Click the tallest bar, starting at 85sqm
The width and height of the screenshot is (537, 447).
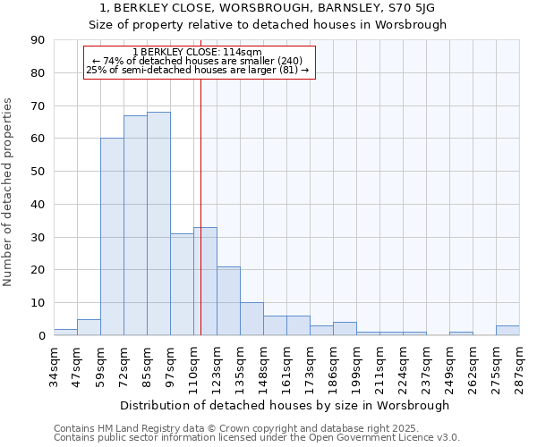point(158,223)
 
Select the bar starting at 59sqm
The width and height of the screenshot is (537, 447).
point(112,237)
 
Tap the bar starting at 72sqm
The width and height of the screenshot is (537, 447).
point(135,225)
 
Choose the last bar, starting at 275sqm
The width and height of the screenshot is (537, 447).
point(507,330)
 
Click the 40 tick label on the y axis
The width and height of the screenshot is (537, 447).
point(38,204)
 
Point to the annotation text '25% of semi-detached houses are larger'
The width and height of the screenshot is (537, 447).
point(197,70)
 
